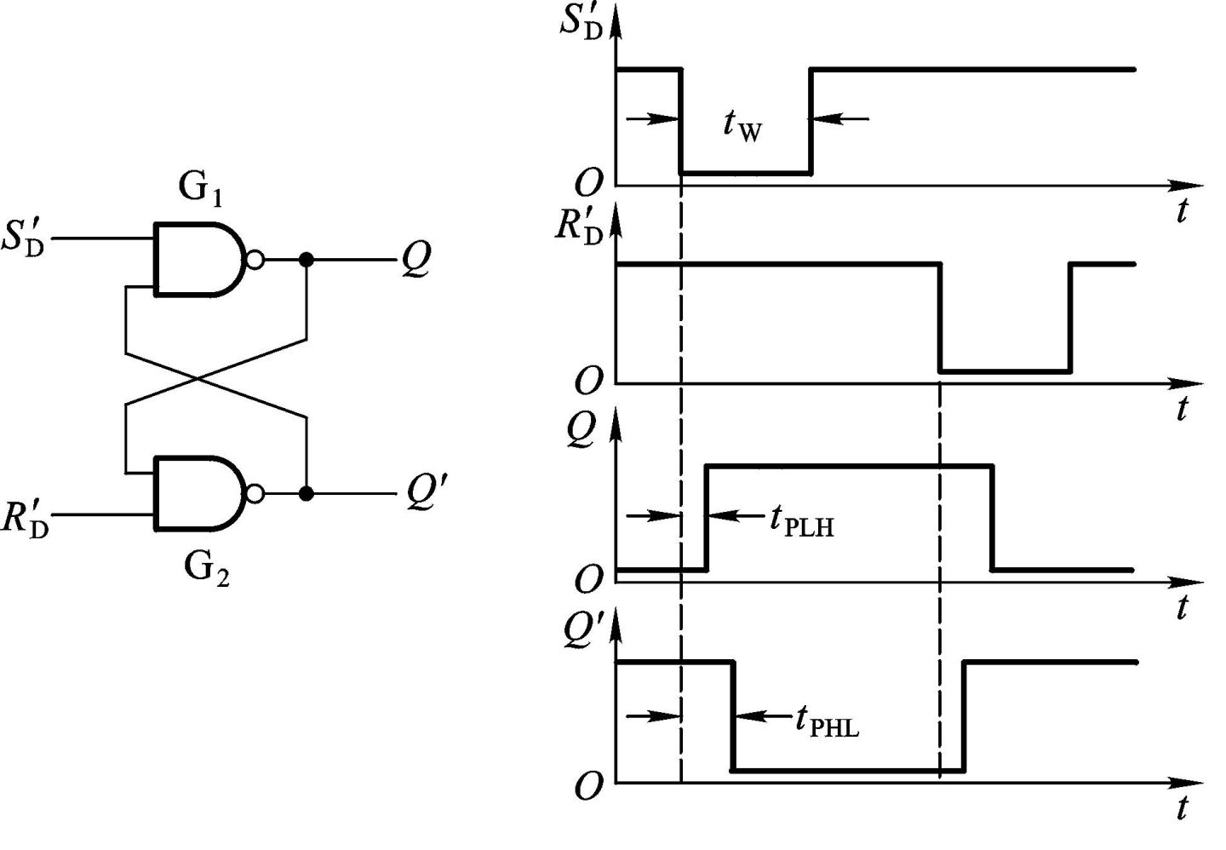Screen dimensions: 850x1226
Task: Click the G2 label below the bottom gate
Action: [206, 567]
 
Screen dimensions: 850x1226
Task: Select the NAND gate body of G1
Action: [196, 260]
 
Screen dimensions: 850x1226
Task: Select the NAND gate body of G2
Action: [196, 493]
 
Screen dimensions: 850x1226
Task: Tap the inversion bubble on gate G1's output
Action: [254, 260]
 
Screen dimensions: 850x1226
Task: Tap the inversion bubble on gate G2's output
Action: [254, 493]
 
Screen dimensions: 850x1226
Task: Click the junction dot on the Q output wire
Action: [306, 260]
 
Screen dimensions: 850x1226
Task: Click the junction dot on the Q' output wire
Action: [306, 493]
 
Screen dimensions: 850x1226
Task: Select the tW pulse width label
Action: [742, 124]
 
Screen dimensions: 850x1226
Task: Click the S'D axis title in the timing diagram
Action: [581, 26]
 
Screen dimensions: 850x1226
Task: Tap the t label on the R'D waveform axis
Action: [1181, 410]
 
